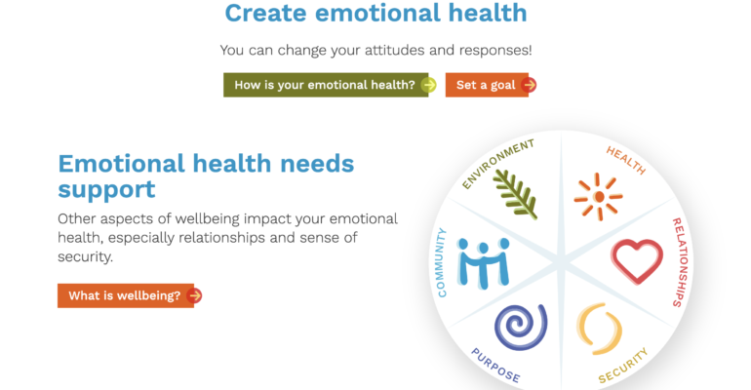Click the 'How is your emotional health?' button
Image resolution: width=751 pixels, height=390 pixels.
pos(330,85)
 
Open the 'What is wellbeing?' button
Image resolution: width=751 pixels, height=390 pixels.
pos(130,295)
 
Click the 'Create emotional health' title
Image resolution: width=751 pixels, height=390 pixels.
pos(375,13)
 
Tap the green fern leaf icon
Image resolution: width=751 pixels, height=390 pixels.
pos(515,195)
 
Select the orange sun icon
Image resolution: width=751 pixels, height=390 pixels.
pos(598,197)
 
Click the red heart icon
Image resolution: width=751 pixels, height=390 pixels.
pos(637,260)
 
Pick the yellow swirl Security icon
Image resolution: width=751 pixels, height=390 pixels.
pos(599,329)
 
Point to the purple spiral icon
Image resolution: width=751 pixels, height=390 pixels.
pos(521,327)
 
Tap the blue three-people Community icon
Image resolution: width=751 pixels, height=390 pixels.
pos(483,263)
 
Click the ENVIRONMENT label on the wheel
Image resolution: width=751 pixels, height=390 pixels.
pos(498,164)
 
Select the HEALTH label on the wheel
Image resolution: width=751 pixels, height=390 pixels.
pos(626,160)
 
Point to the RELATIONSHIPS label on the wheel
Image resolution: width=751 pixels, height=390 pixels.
pos(680,262)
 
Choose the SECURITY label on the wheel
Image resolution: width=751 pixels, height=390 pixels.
pos(623,366)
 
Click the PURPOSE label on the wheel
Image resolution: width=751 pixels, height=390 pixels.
pos(495,365)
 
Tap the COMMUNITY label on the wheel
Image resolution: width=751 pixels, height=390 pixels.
pos(442,262)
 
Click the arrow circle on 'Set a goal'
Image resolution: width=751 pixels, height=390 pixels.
pos(529,85)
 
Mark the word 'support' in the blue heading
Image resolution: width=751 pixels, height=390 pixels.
pos(106,190)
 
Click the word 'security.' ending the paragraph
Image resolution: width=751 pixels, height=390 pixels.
pos(85,257)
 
